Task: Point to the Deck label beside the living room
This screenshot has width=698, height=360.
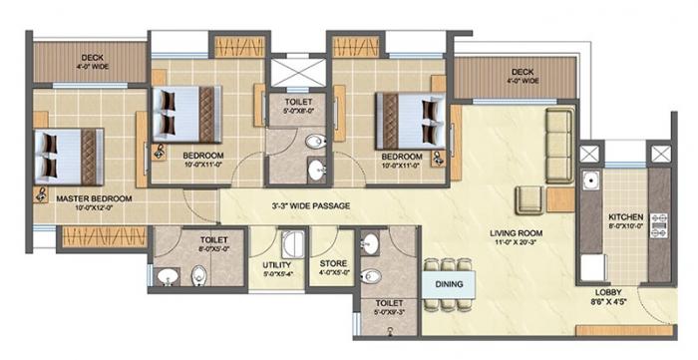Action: [x=523, y=72]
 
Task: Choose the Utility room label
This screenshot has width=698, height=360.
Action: [x=276, y=265]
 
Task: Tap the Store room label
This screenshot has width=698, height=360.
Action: [x=332, y=265]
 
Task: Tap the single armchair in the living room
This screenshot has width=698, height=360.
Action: [x=527, y=197]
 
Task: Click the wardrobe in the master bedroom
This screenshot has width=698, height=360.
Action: [x=90, y=236]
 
